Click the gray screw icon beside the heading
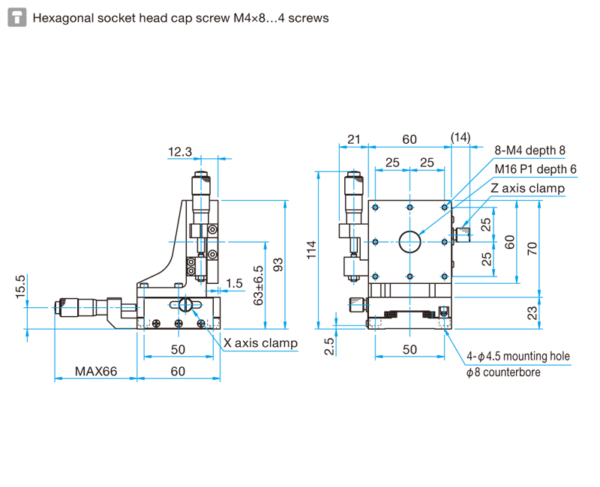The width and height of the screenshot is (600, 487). pos(17,17)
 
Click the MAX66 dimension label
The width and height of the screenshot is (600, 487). pos(96,371)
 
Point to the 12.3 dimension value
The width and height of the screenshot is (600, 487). pos(180,152)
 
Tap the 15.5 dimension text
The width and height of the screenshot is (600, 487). pos(20,287)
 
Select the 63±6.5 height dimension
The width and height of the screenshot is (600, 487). pos(259,285)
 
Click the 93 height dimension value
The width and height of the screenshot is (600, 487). pos(278,265)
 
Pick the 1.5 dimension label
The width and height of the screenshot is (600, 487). pos(234,283)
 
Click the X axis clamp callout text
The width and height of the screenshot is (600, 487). pos(260,343)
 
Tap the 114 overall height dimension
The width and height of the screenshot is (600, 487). pos(312,250)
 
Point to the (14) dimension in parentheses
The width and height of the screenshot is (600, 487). pos(460,137)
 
